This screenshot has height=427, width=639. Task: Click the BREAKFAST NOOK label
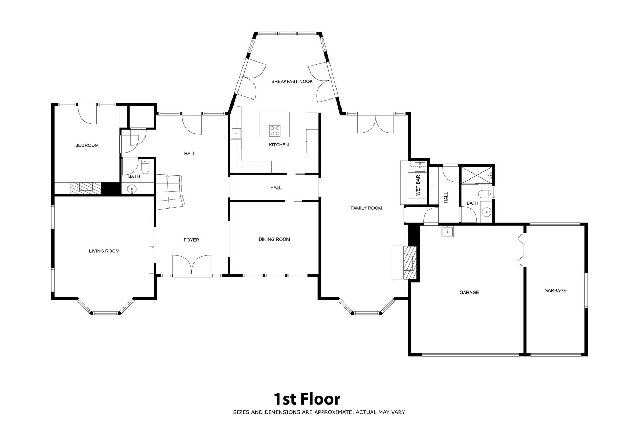pyautogui.click(x=292, y=81)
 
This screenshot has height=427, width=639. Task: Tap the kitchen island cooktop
pyautogui.click(x=274, y=130)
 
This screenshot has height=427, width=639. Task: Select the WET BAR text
pyautogui.click(x=418, y=185)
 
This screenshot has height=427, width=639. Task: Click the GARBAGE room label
pyautogui.click(x=555, y=290)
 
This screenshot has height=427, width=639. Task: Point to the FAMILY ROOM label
pyautogui.click(x=366, y=208)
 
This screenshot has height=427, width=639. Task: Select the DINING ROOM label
pyautogui.click(x=274, y=239)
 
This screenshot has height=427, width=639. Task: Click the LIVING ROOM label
pyautogui.click(x=104, y=251)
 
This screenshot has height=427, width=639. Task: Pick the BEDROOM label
pyautogui.click(x=87, y=145)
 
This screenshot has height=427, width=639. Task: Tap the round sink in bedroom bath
pyautogui.click(x=132, y=189)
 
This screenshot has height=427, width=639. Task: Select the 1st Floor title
pyautogui.click(x=307, y=399)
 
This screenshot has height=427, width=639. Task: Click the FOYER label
pyautogui.click(x=191, y=240)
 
